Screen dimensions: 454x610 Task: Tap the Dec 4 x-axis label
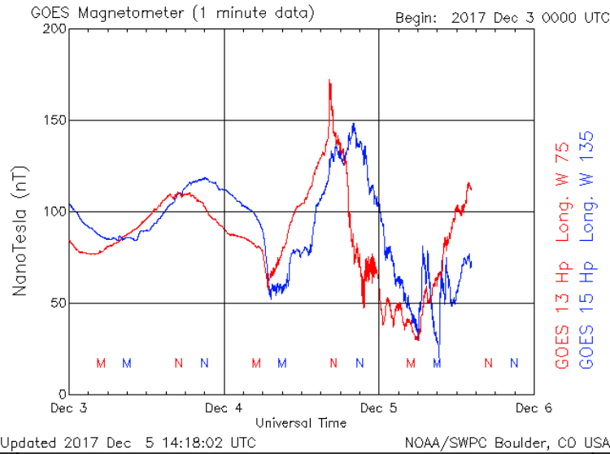[225, 408]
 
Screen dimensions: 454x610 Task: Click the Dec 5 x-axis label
[379, 408]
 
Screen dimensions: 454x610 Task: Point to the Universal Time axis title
[300, 423]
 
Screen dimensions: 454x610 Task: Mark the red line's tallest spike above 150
[329, 81]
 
